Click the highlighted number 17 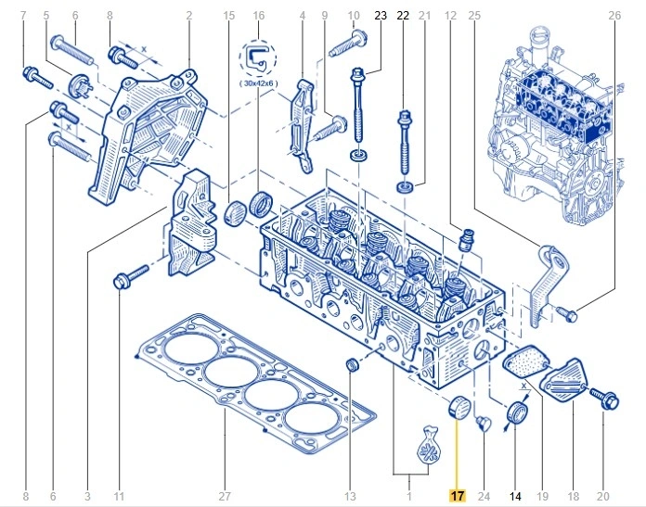[457, 496]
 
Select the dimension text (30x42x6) [260, 82]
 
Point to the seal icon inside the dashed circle [259, 57]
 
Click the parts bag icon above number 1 [429, 443]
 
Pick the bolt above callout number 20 [602, 399]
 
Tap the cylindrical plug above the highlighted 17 [455, 406]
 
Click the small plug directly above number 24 [480, 424]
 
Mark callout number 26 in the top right [614, 16]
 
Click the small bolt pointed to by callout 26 [568, 316]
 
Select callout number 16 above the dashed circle [259, 16]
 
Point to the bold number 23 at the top [379, 16]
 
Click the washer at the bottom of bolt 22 [404, 189]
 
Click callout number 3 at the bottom [86, 496]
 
